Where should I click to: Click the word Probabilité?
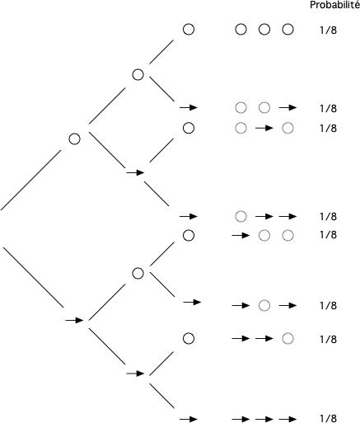point(334,5)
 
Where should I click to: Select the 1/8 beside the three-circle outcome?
point(328,31)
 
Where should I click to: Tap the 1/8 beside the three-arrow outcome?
point(328,419)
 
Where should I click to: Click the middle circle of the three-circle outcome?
point(264,30)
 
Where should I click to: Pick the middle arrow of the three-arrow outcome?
point(264,419)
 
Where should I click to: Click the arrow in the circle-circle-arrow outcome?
point(287,107)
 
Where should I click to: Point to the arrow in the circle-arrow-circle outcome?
point(264,128)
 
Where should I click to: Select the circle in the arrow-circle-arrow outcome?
point(264,305)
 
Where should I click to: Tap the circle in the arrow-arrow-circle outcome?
point(288,338)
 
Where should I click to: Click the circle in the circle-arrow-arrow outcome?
point(241,216)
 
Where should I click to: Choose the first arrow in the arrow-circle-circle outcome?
point(241,236)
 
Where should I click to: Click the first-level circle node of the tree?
point(75,139)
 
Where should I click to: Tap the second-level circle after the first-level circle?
point(138,74)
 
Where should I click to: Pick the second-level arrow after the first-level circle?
point(135,172)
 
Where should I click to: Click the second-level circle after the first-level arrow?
point(138,273)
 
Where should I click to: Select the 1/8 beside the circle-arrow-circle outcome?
point(328,129)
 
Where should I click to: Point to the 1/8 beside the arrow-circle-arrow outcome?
point(328,305)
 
